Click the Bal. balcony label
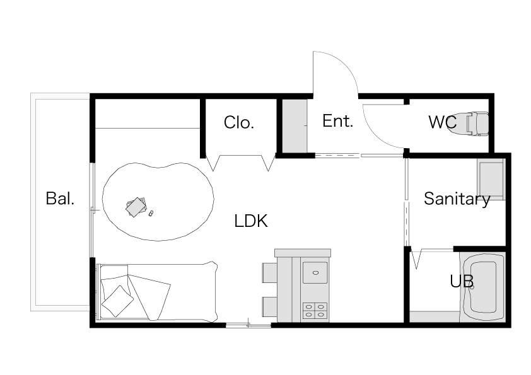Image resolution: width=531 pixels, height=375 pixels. [60, 199]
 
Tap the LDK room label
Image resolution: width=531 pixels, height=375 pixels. [251, 221]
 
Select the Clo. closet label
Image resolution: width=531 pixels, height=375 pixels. [239, 122]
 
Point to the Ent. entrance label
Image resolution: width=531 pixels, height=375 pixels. [337, 121]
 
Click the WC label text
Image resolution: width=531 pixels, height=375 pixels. [442, 122]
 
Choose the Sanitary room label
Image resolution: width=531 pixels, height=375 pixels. [457, 199]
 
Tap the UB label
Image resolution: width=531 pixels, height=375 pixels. [462, 281]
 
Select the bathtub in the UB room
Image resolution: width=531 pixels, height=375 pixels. [482, 287]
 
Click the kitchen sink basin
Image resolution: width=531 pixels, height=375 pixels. [315, 272]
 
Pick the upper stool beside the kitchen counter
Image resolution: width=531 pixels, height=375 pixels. [269, 272]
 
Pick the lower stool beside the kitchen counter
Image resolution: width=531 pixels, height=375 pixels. [269, 307]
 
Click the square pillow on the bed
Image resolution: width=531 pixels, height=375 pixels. [117, 301]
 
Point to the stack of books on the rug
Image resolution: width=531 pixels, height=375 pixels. [136, 207]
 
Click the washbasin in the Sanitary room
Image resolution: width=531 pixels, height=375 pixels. [491, 179]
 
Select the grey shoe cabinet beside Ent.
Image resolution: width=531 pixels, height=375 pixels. [295, 126]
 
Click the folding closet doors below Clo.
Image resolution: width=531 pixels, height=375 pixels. [241, 163]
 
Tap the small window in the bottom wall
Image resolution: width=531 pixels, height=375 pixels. [248, 325]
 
